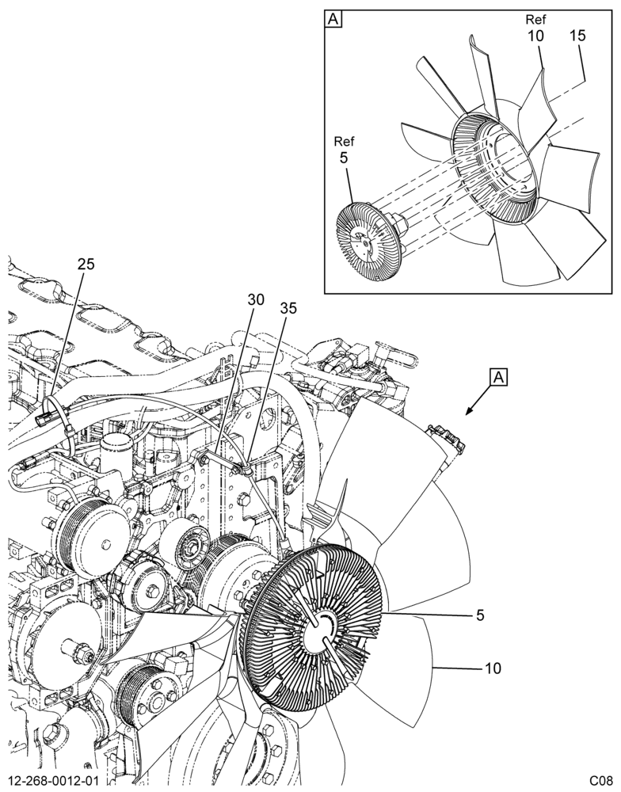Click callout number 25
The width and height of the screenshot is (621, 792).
tap(86, 264)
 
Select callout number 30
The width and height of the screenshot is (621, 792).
tap(256, 299)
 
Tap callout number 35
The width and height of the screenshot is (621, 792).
tap(288, 309)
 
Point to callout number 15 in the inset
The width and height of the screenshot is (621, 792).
tap(577, 36)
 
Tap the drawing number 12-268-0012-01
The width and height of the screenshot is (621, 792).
tap(54, 780)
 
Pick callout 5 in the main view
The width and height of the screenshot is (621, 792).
tap(480, 615)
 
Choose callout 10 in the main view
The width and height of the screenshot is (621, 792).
tap(493, 668)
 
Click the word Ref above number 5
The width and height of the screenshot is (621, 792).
tap(344, 141)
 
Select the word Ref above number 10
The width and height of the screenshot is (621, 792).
tap(535, 19)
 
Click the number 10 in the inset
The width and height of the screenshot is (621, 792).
tap(535, 36)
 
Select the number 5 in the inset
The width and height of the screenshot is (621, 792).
tap(344, 158)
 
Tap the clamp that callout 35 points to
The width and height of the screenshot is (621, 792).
tap(246, 469)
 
